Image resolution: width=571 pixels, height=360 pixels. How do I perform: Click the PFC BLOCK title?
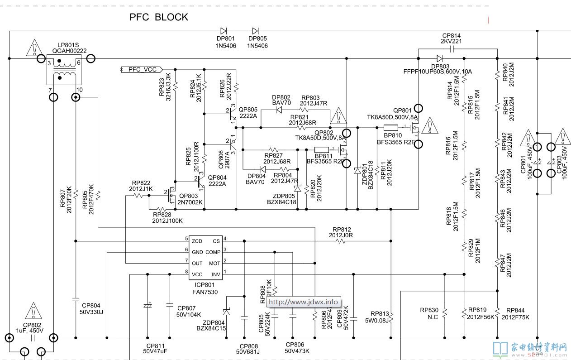(x=159, y=17)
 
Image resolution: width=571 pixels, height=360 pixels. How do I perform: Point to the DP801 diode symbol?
(x=224, y=31)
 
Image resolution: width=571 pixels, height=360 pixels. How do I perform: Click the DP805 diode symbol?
(x=256, y=31)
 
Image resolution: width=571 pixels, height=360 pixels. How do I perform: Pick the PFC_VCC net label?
(x=142, y=69)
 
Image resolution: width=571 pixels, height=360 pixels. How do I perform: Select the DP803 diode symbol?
(x=440, y=58)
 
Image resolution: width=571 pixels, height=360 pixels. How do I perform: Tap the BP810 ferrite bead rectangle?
(x=390, y=127)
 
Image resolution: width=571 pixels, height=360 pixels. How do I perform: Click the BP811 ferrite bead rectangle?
(x=321, y=150)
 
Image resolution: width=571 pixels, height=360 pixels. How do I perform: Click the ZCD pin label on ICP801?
(x=197, y=241)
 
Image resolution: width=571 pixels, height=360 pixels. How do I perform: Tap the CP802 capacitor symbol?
(x=31, y=338)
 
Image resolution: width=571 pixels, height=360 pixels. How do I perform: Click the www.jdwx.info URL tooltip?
(x=303, y=302)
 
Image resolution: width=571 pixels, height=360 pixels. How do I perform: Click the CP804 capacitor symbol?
(x=76, y=299)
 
